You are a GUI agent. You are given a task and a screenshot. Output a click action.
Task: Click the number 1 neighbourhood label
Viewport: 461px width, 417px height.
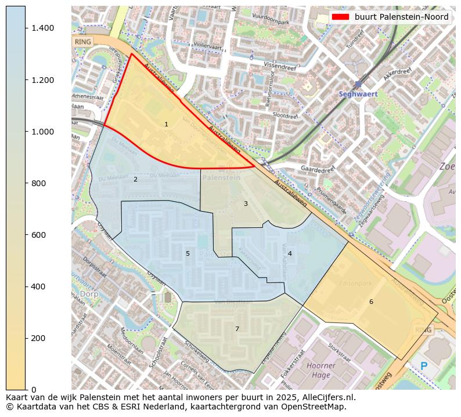click(166, 124)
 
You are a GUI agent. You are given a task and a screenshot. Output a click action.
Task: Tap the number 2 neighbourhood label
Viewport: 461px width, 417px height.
click(135, 179)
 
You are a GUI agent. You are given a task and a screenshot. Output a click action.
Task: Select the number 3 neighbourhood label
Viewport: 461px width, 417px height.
click(246, 204)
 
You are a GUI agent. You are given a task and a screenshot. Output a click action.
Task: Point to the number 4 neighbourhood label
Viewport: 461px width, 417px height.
click(290, 253)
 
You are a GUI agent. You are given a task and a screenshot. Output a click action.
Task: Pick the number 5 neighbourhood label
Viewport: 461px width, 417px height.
click(188, 253)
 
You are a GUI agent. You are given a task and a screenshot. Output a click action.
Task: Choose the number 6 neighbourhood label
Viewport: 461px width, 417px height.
click(371, 302)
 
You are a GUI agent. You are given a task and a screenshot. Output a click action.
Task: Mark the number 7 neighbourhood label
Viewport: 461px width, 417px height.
click(237, 329)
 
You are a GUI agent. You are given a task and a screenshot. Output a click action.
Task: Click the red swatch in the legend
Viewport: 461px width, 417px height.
click(340, 17)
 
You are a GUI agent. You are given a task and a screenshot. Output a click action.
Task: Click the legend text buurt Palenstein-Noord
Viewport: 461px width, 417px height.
click(402, 17)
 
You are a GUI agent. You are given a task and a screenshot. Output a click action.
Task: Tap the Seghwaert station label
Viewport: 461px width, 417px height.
click(358, 94)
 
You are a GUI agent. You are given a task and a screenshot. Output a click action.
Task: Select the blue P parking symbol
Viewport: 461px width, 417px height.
click(424, 367)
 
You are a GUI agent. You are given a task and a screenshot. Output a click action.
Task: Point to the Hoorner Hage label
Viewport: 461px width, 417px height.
click(320, 370)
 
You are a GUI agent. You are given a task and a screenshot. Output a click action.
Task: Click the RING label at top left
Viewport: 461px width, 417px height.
click(83, 42)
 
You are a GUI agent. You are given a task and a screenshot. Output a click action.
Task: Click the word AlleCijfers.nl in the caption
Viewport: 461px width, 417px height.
click(323, 397)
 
